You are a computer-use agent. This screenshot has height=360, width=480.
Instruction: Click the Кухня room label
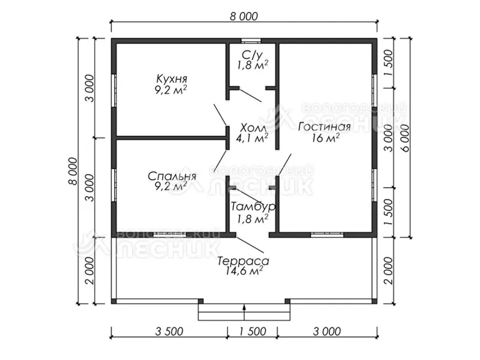tap(172, 79)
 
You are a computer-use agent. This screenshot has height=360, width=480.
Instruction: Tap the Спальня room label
tap(172, 176)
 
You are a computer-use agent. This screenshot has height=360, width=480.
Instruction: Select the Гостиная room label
tap(325, 127)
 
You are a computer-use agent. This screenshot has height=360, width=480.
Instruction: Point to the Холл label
tap(253, 127)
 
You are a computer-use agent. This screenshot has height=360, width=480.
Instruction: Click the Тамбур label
tap(253, 206)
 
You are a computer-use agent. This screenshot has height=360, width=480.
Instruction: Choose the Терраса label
tap(244, 261)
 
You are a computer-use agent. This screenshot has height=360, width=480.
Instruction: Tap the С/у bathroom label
tap(252, 55)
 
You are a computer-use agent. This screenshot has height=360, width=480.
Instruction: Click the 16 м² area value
tap(325, 138)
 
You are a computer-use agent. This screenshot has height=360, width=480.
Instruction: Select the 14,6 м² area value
tap(244, 271)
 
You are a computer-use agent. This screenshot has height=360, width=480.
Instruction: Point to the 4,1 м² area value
tap(252, 138)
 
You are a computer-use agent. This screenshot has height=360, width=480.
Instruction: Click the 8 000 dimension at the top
tap(244, 16)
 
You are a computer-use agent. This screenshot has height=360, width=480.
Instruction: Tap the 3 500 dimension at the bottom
tap(169, 331)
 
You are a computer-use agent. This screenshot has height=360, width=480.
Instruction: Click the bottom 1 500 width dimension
tap(252, 331)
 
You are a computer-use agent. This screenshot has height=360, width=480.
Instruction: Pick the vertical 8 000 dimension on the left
tap(73, 171)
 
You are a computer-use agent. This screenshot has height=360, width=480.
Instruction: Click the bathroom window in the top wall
tap(251, 41)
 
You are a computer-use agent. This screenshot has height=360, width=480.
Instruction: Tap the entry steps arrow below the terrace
tap(244, 312)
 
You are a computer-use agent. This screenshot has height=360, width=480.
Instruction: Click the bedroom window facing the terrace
tap(170, 235)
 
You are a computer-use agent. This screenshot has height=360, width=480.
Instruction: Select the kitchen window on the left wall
tap(114, 91)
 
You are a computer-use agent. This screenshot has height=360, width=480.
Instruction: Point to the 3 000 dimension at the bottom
tap(326, 331)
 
